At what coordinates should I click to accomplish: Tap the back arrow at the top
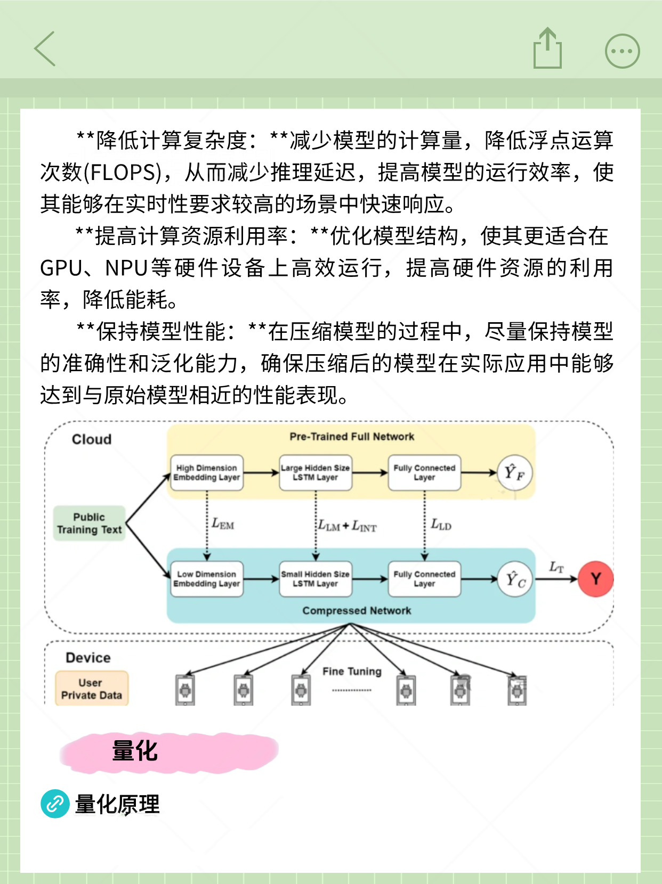(x=45, y=49)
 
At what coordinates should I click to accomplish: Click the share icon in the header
(x=547, y=49)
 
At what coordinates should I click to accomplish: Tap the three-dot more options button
(x=622, y=51)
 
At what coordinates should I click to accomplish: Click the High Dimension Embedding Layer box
(x=207, y=473)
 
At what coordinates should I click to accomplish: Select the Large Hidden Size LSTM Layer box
(x=316, y=473)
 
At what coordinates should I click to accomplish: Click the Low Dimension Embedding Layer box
(x=207, y=579)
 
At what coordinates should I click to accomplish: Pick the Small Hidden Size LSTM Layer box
(x=316, y=579)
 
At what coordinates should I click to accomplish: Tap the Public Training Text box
(x=90, y=523)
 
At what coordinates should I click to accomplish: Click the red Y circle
(x=595, y=579)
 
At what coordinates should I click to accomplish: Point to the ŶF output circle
(x=515, y=472)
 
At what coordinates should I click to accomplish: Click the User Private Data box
(x=92, y=689)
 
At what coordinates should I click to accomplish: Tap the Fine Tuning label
(x=352, y=672)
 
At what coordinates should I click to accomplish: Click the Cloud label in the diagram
(x=92, y=439)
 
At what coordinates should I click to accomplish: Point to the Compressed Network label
(x=357, y=611)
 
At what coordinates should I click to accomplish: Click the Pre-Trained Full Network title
(x=352, y=437)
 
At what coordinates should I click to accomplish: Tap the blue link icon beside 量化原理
(x=55, y=804)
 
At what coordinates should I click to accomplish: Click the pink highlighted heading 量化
(x=135, y=751)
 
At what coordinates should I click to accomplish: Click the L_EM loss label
(x=223, y=524)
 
